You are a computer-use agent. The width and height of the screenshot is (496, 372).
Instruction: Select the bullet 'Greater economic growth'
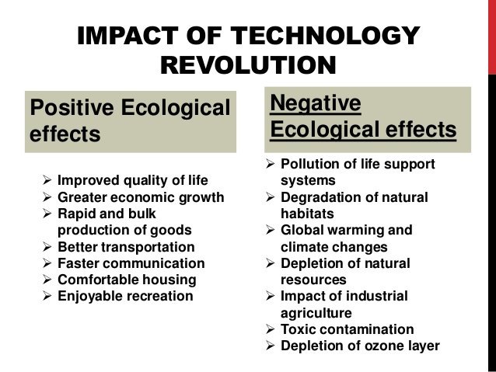coord(141,198)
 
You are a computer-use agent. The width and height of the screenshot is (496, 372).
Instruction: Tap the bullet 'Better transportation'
coord(126,248)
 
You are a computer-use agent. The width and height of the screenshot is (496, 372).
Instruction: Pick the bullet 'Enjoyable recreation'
coord(124,297)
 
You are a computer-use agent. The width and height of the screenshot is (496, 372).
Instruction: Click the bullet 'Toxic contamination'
coord(347,329)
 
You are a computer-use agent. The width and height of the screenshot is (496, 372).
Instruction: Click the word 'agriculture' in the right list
coord(318,313)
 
